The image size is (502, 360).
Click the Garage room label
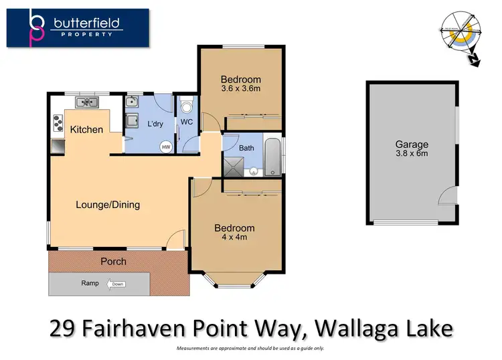click(x=411, y=145)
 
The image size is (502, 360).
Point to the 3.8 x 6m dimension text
click(x=411, y=153)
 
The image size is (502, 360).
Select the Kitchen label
click(x=87, y=129)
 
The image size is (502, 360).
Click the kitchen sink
click(x=87, y=102)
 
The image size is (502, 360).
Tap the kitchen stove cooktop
click(x=57, y=122)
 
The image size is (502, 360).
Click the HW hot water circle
click(x=165, y=147)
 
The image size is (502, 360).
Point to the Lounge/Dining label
click(x=108, y=205)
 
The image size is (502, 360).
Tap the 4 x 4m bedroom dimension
click(x=234, y=237)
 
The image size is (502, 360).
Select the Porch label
click(x=113, y=261)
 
